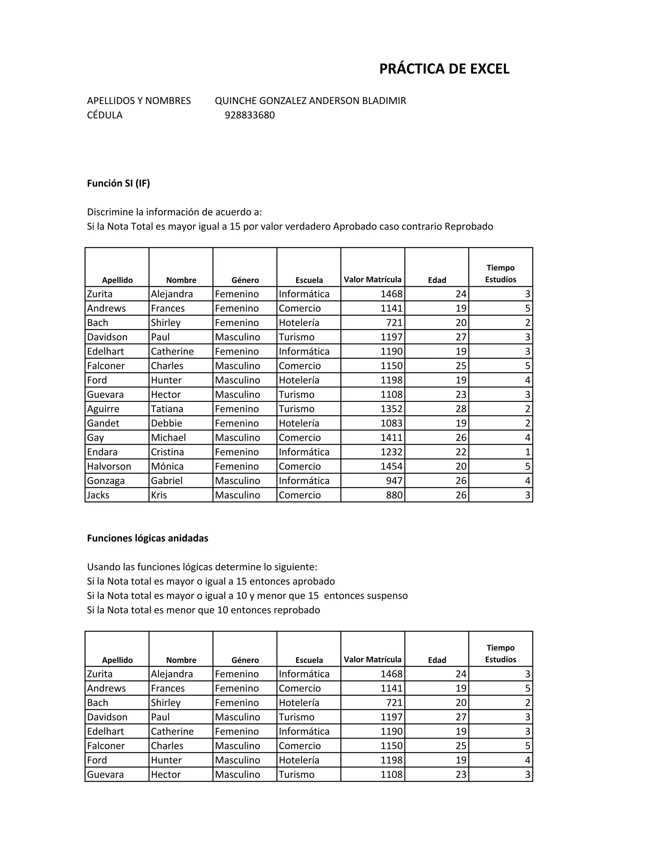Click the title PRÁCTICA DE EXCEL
click(444, 69)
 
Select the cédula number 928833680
click(249, 115)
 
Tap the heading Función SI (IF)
click(118, 183)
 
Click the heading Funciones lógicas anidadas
click(147, 538)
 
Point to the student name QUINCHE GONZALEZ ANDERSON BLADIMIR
click(310, 101)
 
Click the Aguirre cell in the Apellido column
click(103, 409)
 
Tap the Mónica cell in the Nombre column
click(167, 467)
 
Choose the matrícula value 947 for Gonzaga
click(394, 480)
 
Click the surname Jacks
click(98, 495)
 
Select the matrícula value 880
click(394, 495)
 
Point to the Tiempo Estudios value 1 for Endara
click(528, 452)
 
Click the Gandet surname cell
click(103, 423)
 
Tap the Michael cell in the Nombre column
click(168, 438)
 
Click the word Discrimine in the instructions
click(110, 212)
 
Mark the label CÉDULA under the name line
click(104, 115)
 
